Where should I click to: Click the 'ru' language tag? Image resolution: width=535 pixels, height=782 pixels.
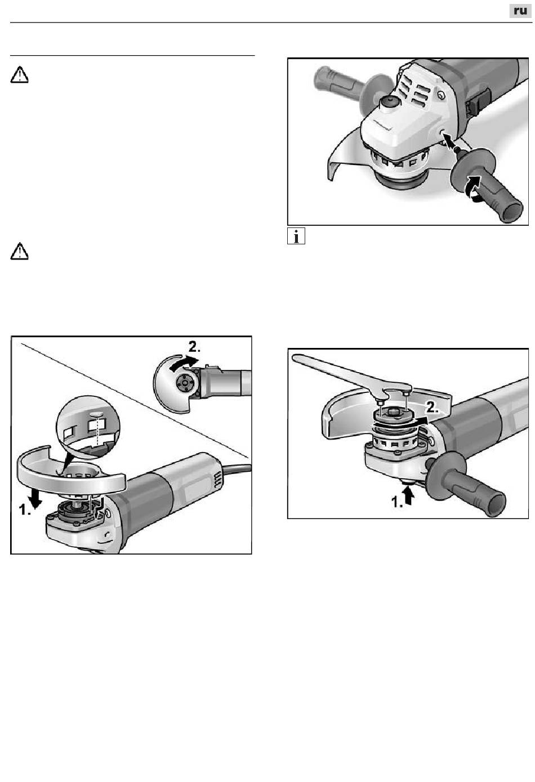tap(520, 11)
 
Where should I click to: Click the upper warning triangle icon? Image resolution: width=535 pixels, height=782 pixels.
tap(20, 74)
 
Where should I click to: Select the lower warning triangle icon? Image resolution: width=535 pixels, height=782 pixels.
tap(20, 251)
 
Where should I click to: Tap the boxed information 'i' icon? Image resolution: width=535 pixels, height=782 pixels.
tap(296, 236)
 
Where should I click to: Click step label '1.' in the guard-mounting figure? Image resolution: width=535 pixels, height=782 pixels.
tap(25, 510)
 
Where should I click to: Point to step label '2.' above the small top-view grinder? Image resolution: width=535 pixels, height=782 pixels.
tap(194, 347)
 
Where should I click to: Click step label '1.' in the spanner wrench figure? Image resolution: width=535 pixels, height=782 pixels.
tap(397, 502)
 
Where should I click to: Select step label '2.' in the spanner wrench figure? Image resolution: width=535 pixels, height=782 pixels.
tap(432, 407)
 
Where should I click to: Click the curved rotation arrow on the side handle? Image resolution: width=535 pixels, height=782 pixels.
tap(472, 189)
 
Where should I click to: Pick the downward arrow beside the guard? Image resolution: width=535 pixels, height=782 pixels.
tap(35, 498)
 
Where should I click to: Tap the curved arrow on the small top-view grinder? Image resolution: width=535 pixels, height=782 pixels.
tap(184, 363)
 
